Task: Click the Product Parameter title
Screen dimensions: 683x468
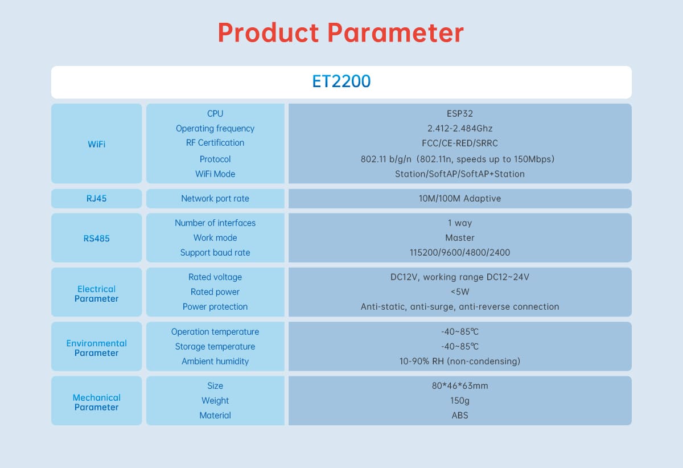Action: click(x=341, y=33)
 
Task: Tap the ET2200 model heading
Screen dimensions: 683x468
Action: click(x=341, y=81)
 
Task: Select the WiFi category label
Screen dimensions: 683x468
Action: click(x=96, y=144)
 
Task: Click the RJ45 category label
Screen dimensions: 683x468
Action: click(x=96, y=199)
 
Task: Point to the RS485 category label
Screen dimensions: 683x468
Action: click(x=96, y=239)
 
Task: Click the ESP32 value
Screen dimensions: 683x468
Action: click(x=460, y=113)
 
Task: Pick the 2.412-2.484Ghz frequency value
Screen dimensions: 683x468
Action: click(x=460, y=129)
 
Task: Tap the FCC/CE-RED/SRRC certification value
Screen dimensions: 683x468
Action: click(x=460, y=143)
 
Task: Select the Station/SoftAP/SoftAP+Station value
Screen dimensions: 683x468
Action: click(x=460, y=174)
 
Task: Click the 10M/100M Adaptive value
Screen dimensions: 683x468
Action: click(x=460, y=199)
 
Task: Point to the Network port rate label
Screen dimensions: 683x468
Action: click(x=215, y=199)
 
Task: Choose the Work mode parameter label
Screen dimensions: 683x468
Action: click(x=215, y=237)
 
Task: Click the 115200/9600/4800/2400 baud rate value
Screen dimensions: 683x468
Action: click(x=460, y=253)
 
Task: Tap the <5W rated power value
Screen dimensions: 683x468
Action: click(x=460, y=292)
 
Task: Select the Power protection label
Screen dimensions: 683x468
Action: click(x=215, y=307)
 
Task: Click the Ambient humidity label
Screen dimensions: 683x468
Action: click(x=215, y=361)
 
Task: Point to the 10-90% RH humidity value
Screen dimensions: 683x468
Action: click(x=460, y=361)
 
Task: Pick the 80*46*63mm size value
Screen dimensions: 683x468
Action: click(x=460, y=385)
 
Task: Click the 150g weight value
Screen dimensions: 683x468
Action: click(x=460, y=401)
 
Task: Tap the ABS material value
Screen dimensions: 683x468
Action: click(x=460, y=415)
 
